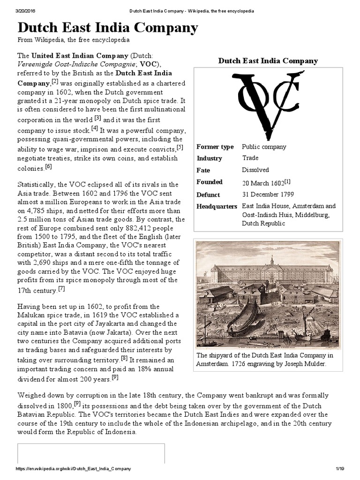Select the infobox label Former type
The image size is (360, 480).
[215, 147]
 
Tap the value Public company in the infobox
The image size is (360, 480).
[264, 147]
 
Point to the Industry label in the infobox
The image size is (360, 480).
[209, 158]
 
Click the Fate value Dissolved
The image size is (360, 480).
[255, 170]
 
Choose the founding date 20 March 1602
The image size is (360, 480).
[263, 182]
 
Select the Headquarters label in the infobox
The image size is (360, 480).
[217, 207]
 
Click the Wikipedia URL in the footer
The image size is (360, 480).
[74, 469]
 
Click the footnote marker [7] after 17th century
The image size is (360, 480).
[61, 289]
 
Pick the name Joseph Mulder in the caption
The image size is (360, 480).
[301, 364]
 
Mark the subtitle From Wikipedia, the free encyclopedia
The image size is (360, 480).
[74, 41]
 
